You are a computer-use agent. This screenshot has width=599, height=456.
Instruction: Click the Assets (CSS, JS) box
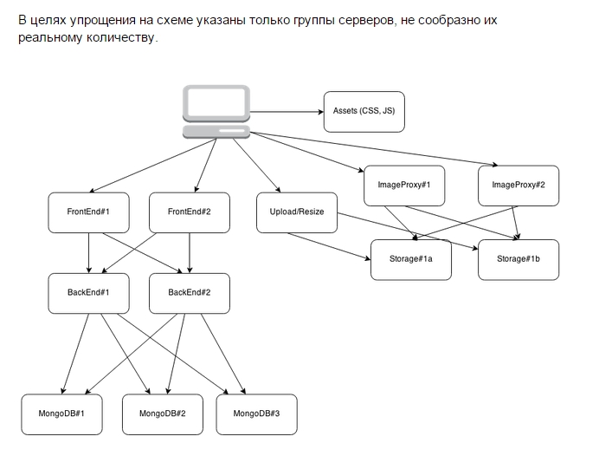coord(364,111)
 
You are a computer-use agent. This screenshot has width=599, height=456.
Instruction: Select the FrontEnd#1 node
coord(88,212)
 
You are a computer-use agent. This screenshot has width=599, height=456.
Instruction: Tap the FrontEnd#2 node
coord(189,212)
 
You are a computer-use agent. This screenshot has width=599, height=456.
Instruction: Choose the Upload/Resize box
coord(297,212)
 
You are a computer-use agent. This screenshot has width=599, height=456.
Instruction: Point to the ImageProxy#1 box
coord(404,185)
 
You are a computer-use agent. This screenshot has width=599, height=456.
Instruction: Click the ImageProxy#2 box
coord(518,185)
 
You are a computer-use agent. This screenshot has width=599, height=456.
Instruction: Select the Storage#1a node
coord(411,259)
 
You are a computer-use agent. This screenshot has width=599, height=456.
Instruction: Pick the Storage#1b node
coord(518,259)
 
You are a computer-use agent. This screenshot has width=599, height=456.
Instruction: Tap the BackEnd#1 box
coord(88,292)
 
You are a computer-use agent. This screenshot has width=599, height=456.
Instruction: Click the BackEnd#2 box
coord(189,292)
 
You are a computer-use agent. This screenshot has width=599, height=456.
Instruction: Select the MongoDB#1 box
coord(62,414)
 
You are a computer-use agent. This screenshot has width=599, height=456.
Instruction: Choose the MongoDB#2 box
coord(163,414)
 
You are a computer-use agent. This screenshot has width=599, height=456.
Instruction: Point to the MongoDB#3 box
coord(257,414)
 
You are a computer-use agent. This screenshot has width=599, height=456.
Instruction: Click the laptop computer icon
coord(216,111)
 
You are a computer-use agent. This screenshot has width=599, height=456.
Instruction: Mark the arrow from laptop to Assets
coord(286,111)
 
